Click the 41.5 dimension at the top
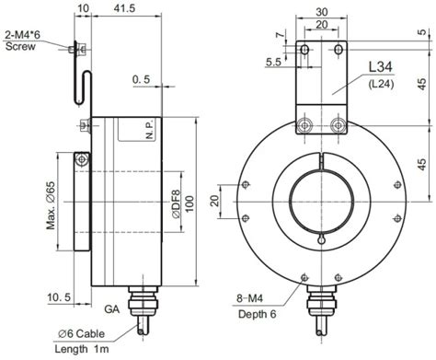coord(124,8)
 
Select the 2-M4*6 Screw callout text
coord(22,41)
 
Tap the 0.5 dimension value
coord(141,79)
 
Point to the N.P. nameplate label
coord(149,130)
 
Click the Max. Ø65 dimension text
coord(51,205)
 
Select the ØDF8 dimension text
coord(177,204)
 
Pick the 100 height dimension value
coord(189,203)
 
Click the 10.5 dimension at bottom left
coord(59,296)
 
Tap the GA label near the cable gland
coord(112,308)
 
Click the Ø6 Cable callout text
coord(81,333)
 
